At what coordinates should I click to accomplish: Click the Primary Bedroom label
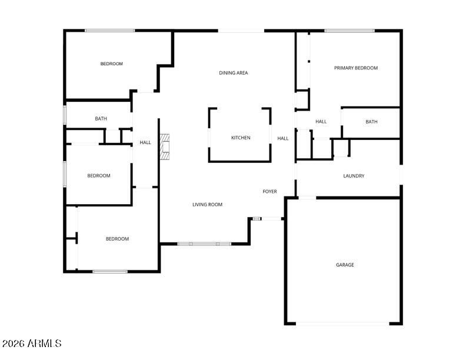(x=356, y=68)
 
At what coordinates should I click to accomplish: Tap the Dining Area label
(x=234, y=73)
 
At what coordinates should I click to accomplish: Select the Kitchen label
(x=241, y=138)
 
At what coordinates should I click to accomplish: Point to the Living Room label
(x=208, y=205)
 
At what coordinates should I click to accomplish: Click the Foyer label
(x=270, y=192)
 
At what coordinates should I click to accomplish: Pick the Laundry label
(x=354, y=176)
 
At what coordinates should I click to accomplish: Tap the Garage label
(x=345, y=265)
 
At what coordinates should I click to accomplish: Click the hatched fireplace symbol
(x=165, y=147)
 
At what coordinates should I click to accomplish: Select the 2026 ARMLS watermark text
(x=32, y=344)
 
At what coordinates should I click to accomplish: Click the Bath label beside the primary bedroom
(x=371, y=122)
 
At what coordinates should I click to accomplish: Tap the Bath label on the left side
(x=101, y=119)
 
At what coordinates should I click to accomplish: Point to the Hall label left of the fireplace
(x=145, y=142)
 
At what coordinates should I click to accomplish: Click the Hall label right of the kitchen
(x=283, y=138)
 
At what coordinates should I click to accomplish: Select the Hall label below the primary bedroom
(x=321, y=122)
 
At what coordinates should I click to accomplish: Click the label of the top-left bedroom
(x=111, y=64)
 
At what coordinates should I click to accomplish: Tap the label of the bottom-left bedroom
(x=118, y=239)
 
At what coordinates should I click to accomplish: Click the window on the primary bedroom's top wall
(x=349, y=31)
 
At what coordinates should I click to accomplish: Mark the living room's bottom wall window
(x=205, y=244)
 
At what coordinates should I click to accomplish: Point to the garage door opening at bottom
(x=342, y=324)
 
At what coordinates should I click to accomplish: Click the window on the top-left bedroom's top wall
(x=109, y=31)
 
